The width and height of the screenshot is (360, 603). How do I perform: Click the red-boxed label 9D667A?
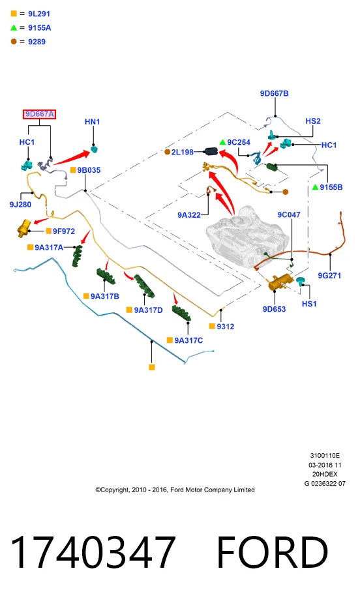[x=39, y=114]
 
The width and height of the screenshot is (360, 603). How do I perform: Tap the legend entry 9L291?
[x=39, y=14]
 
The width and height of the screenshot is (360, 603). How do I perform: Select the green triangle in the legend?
[x=14, y=27]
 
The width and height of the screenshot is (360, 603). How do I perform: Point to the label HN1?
[x=93, y=121]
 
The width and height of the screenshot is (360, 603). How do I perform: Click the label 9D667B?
[x=274, y=93]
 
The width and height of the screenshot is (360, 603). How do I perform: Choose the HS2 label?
[x=312, y=121]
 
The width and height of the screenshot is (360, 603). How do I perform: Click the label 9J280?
[x=20, y=205]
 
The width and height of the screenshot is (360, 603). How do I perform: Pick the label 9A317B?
[x=104, y=296]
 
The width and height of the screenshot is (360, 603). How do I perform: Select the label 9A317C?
[x=188, y=340]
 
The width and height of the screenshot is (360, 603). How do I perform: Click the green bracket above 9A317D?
[x=144, y=286]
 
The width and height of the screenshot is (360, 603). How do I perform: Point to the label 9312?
[x=225, y=327]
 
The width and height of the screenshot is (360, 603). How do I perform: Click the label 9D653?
[x=274, y=309]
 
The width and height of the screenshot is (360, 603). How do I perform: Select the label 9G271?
[x=329, y=275]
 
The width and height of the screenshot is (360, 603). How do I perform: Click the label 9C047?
[x=288, y=214]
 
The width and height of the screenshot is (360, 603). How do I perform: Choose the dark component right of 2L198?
[x=211, y=151]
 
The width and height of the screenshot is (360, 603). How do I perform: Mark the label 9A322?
[x=189, y=215]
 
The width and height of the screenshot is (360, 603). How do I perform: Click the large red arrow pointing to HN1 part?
[x=72, y=158]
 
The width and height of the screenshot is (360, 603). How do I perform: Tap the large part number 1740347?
[x=93, y=553]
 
